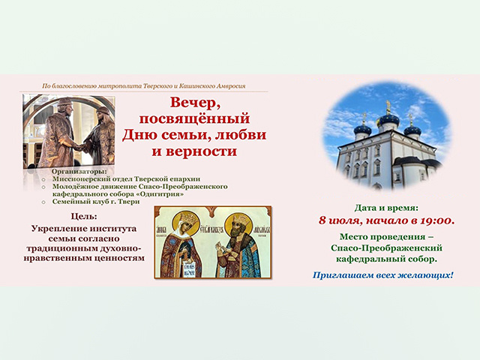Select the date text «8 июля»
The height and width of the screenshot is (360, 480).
(x=344, y=220)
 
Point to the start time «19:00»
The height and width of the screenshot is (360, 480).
(x=433, y=220)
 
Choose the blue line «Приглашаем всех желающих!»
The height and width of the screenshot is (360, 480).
(x=383, y=275)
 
